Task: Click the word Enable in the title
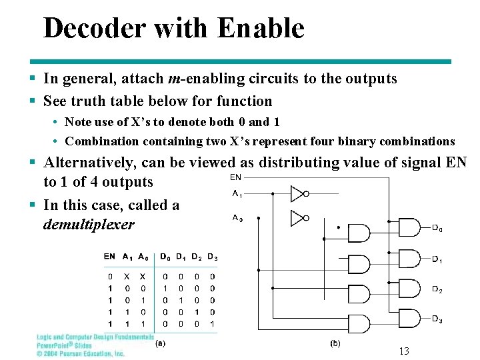pyautogui.click(x=261, y=29)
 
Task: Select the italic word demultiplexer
pyautogui.click(x=89, y=224)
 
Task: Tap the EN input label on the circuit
pyautogui.click(x=235, y=177)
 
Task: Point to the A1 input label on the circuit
pyautogui.click(x=237, y=194)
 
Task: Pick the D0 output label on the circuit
pyautogui.click(x=437, y=229)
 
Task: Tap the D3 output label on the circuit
pyautogui.click(x=437, y=319)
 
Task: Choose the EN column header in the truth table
pyautogui.click(x=110, y=257)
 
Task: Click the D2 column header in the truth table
pyautogui.click(x=196, y=257)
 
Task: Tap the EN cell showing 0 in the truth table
pyautogui.click(x=110, y=277)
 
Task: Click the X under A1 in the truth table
pyautogui.click(x=127, y=277)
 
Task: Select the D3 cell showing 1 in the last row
pyautogui.click(x=213, y=323)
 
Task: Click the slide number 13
pyautogui.click(x=403, y=351)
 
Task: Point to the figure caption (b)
pyautogui.click(x=335, y=343)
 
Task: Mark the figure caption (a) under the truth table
pyautogui.click(x=160, y=344)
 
